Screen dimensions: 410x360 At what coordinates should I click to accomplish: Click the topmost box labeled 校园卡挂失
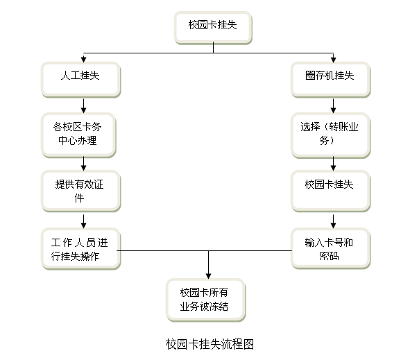pos(213,28)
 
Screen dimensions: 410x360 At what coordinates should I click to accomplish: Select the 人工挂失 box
pos(80,80)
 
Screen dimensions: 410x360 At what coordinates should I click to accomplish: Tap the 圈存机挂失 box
pos(330,80)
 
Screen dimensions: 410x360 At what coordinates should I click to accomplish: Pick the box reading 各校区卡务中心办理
pos(78,135)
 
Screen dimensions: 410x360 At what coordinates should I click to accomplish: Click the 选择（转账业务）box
pos(330,135)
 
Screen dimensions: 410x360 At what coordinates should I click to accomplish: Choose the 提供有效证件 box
pos(80,191)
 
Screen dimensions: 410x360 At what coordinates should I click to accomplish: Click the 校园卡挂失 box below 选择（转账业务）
pos(330,191)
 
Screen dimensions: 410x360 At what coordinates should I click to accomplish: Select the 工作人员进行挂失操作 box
pos(80,248)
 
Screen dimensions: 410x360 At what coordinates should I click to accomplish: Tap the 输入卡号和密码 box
pos(330,248)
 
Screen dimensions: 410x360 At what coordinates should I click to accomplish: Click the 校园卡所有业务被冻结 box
pos(206,300)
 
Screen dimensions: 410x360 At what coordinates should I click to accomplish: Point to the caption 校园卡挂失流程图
pos(210,344)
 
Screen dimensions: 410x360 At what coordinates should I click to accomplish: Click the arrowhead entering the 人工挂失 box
pos(84,60)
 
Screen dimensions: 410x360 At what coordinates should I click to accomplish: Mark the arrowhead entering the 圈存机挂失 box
pos(334,60)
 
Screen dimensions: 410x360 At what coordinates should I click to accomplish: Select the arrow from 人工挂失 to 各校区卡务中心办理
pos(84,106)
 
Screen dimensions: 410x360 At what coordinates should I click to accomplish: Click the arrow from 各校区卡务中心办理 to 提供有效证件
pos(84,164)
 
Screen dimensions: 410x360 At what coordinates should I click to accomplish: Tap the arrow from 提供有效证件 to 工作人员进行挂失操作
pos(84,221)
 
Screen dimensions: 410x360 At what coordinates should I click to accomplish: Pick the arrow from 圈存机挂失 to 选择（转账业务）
pos(334,106)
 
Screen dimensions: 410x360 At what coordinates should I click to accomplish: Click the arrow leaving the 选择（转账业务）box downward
pos(334,164)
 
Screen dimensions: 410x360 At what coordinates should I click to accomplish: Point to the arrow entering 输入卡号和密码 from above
pos(334,221)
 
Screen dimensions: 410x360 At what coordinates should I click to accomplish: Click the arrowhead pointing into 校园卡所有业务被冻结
pos(208,276)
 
